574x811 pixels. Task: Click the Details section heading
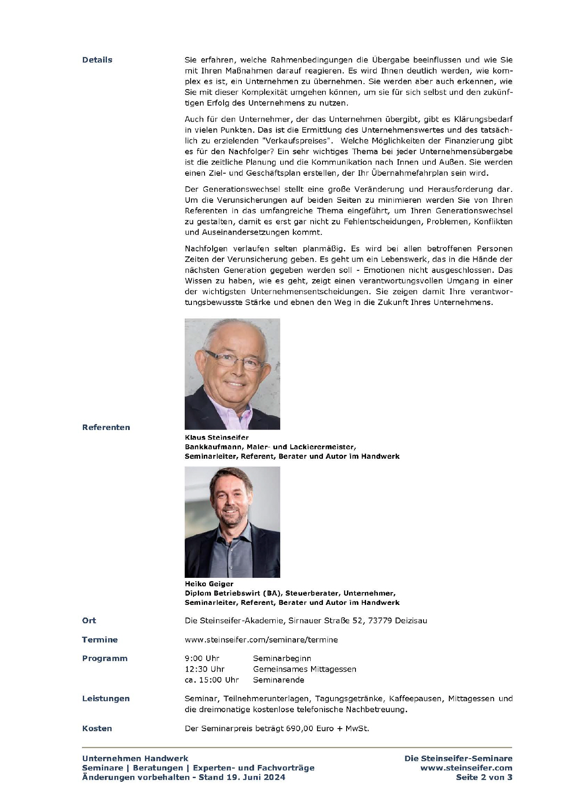[x=97, y=60]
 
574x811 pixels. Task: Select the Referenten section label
[x=106, y=427]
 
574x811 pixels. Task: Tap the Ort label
[x=89, y=620]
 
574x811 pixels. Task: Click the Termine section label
[x=100, y=640]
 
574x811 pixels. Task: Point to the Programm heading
[x=105, y=658]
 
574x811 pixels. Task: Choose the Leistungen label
[x=106, y=699]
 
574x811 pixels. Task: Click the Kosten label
[x=97, y=728]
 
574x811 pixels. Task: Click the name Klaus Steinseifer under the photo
[x=216, y=438]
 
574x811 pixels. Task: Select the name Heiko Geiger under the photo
[x=209, y=584]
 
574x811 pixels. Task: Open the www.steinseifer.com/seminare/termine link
[x=261, y=640]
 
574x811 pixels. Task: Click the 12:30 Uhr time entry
[x=205, y=669]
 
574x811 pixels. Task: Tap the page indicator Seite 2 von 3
[x=484, y=777]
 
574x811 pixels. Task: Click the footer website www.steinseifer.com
[x=466, y=768]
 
